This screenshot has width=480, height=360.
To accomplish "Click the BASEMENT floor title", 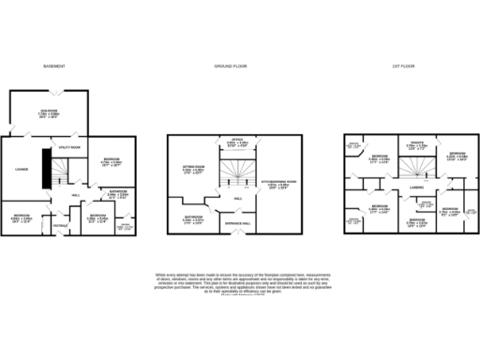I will [x=52, y=66].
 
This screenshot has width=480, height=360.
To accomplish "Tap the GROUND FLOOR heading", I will [x=223, y=66].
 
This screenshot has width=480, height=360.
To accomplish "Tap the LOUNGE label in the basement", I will [x=20, y=170].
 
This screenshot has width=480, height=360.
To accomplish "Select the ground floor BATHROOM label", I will [x=182, y=217].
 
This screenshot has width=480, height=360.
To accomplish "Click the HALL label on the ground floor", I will [x=237, y=199].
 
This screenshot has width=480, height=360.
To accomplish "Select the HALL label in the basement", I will [x=75, y=195].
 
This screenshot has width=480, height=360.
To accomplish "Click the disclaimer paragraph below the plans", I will [x=240, y=282].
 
